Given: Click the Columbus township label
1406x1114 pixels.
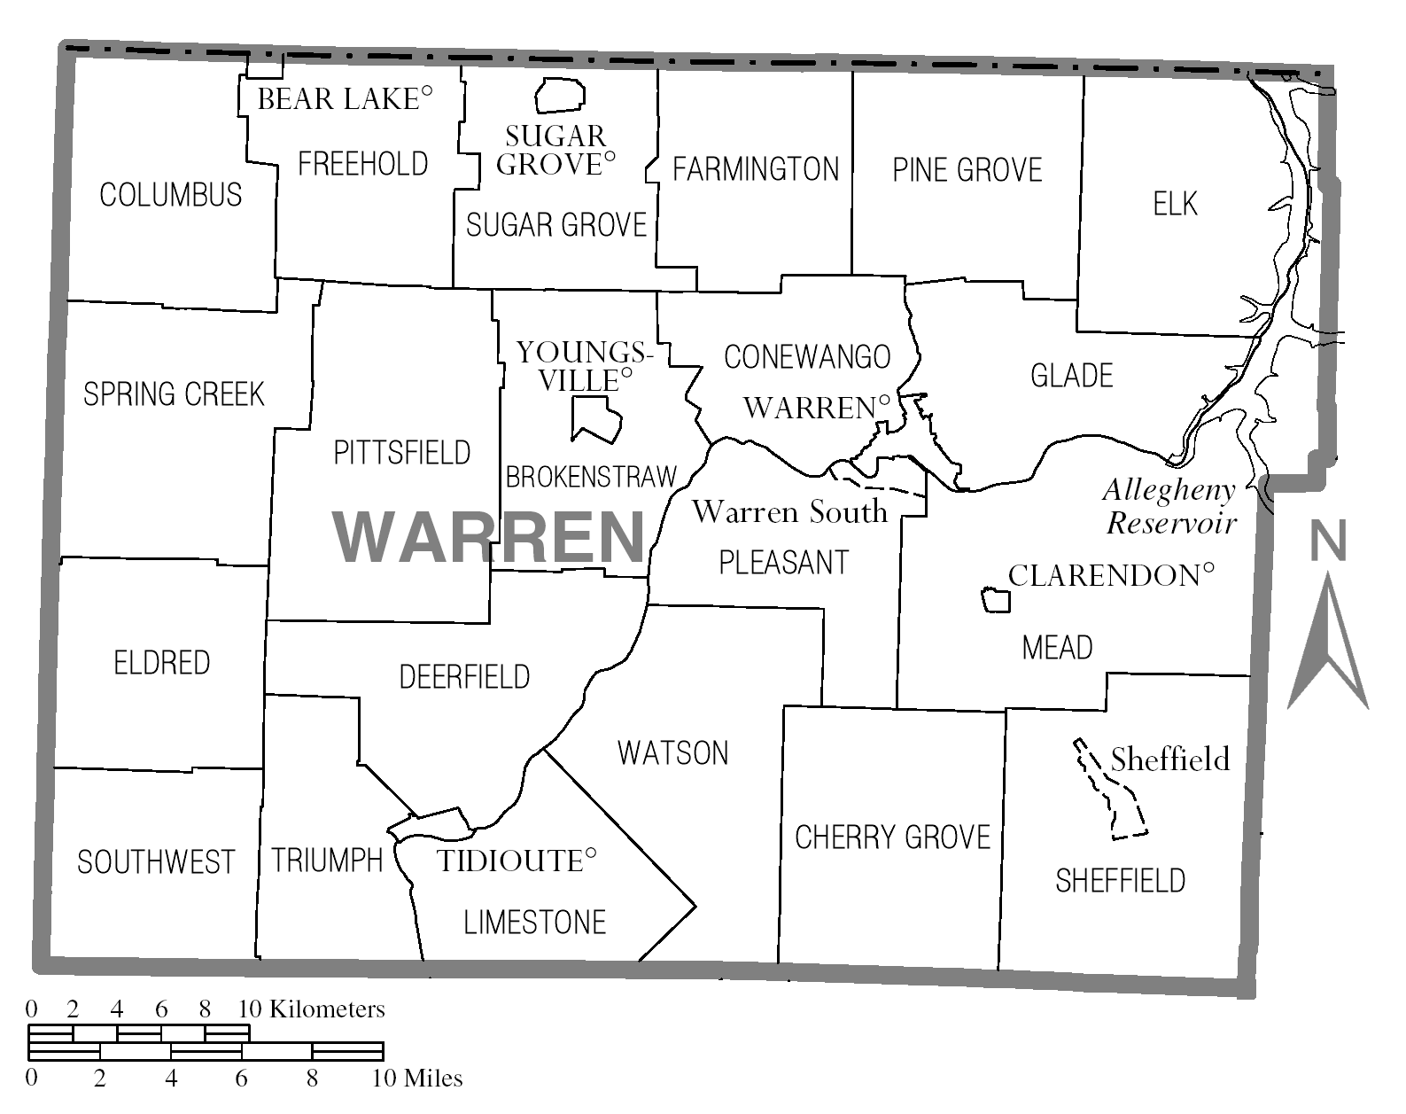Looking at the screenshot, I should [x=170, y=195].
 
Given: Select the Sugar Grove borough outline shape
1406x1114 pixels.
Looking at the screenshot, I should [x=560, y=95].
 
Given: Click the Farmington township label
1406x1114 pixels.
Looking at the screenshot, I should [x=755, y=169].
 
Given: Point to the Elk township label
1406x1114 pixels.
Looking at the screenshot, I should [x=1175, y=204].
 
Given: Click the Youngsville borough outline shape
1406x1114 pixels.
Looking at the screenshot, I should [x=594, y=419].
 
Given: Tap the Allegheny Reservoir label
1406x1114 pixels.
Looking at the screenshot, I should [x=1169, y=507].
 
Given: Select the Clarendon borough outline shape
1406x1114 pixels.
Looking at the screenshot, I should [x=996, y=600].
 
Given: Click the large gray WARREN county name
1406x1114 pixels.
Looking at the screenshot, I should [x=489, y=537].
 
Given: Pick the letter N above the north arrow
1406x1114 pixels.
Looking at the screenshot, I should [x=1328, y=541].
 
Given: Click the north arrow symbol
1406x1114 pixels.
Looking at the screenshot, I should [x=1328, y=647].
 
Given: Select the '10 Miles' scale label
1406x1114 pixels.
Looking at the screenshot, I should [x=416, y=1079].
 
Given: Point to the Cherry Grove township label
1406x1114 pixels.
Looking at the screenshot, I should [x=892, y=837].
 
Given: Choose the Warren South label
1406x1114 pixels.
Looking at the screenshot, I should [x=789, y=511].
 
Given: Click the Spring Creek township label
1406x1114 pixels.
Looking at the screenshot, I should [x=174, y=394].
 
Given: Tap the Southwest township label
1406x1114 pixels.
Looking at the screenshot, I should [x=156, y=862].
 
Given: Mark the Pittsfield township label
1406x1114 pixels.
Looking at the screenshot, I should [x=401, y=453].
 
